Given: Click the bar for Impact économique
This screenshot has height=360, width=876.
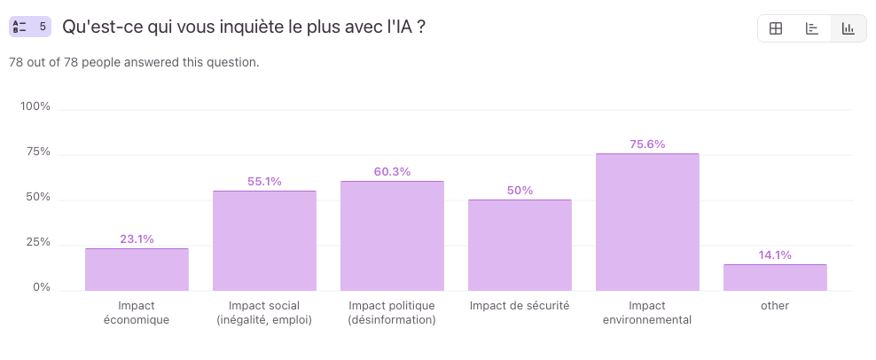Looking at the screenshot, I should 137,270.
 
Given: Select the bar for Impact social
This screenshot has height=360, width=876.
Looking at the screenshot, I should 264,240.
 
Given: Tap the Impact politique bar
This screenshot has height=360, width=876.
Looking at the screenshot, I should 392,236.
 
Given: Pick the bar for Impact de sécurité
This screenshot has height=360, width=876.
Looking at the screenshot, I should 520,245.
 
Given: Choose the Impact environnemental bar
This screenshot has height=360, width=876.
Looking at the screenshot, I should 647,222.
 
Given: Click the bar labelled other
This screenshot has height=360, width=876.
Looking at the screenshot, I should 775,278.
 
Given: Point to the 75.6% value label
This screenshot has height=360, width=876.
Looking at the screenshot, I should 647,145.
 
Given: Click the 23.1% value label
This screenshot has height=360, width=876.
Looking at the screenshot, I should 137,239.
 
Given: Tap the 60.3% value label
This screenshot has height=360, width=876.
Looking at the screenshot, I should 392,172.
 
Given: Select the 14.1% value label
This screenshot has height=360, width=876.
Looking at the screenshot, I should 775,255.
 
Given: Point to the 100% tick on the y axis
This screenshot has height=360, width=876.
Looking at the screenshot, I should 35,107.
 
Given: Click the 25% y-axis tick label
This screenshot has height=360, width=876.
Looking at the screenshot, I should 38,243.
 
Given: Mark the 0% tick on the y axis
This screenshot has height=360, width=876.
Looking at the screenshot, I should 42,288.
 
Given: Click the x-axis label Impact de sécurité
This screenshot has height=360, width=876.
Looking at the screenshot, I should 520,306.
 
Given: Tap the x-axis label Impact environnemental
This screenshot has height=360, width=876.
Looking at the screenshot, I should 647,313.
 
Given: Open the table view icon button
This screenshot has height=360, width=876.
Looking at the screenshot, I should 776,28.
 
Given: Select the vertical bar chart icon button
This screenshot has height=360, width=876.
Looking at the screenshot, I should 849,28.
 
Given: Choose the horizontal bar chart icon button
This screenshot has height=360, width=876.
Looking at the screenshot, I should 812,28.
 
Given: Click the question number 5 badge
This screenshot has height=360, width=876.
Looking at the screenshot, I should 30,27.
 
